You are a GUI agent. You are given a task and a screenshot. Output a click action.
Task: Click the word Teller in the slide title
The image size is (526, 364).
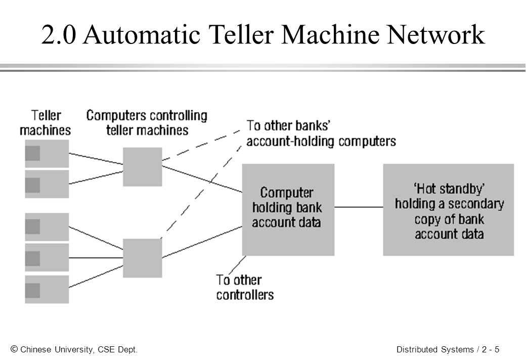click(x=241, y=34)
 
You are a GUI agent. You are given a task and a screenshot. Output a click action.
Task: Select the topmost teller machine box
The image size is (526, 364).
click(x=47, y=154)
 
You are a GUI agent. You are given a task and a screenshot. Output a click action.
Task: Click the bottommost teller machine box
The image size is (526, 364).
click(x=47, y=290)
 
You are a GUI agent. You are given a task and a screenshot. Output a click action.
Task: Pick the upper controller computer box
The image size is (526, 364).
click(x=143, y=167)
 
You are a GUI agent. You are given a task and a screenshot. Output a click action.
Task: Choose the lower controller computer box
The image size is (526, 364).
click(x=143, y=258)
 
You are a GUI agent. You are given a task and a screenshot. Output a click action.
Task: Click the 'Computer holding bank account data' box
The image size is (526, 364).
click(x=288, y=210)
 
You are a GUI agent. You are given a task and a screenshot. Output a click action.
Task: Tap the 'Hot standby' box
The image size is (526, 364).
click(x=449, y=210)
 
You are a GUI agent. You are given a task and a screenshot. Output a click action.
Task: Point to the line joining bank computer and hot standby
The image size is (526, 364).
click(x=359, y=207)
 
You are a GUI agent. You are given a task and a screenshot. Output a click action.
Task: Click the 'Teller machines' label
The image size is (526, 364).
click(x=46, y=123)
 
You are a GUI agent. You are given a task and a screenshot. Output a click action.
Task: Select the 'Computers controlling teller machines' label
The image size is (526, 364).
click(x=147, y=123)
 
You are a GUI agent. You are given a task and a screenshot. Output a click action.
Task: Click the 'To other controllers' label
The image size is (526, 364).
click(x=245, y=288)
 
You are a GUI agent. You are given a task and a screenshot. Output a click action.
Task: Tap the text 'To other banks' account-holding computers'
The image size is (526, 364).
click(x=321, y=133)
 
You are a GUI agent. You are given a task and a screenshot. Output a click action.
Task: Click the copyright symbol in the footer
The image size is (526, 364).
click(x=14, y=349)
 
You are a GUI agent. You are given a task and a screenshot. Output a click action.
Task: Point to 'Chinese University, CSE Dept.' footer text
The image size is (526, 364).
click(x=79, y=349)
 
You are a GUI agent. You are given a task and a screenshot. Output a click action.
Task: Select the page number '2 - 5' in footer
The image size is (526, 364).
click(x=491, y=349)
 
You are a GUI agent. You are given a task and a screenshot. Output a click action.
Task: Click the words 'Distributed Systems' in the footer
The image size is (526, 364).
click(x=435, y=349)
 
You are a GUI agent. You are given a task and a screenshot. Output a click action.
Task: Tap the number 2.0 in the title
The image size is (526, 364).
click(x=59, y=34)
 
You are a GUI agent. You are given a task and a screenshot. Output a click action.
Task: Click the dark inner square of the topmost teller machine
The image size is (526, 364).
click(x=32, y=153)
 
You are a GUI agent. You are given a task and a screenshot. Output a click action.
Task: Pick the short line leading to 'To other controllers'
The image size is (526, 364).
click(x=237, y=265)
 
